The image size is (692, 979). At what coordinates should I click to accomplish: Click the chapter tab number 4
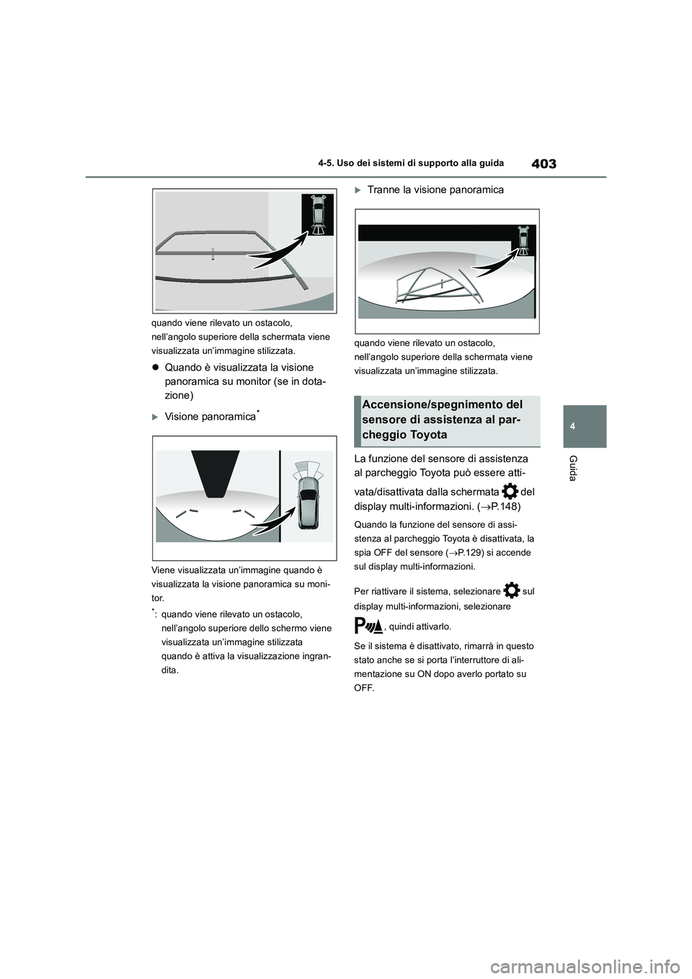click(x=586, y=426)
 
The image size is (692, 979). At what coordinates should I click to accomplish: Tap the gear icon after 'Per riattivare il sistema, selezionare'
click(x=511, y=590)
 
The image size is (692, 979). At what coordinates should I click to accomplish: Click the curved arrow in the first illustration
click(x=272, y=245)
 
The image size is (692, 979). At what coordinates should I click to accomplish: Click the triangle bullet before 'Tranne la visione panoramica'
click(x=358, y=190)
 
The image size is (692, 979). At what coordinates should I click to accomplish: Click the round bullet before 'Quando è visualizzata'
click(x=156, y=368)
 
